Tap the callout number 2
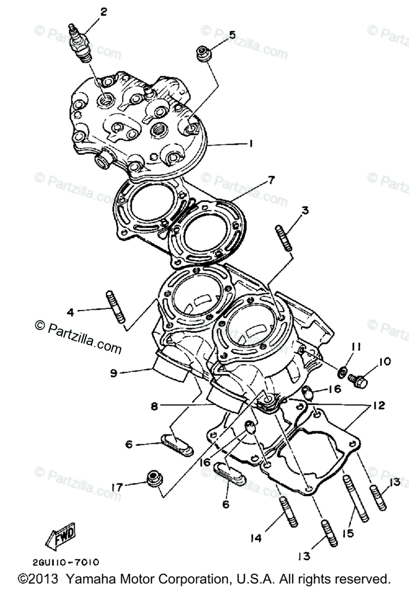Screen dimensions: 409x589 [x=103, y=12]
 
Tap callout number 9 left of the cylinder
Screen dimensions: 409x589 [x=113, y=373]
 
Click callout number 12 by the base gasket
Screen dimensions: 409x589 [x=378, y=406]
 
